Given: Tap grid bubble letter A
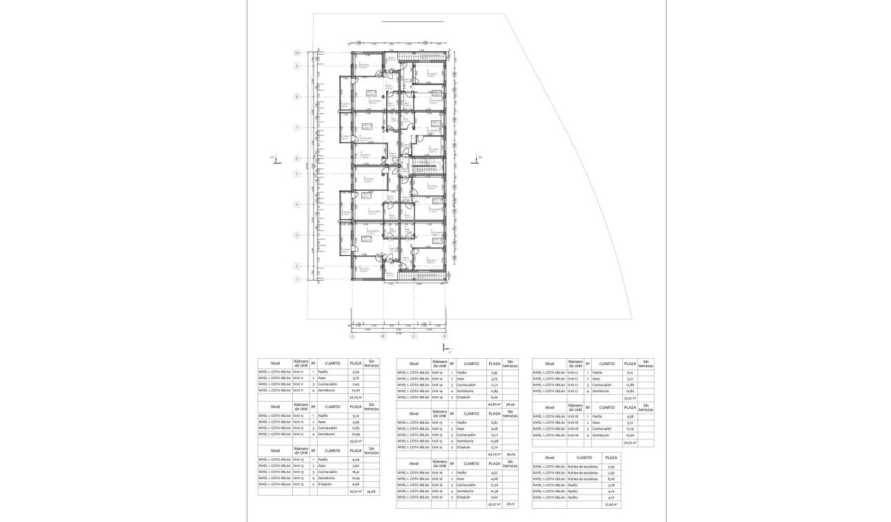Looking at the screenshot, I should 352,337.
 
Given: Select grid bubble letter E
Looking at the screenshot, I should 445,337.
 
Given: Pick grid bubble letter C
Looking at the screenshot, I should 414,337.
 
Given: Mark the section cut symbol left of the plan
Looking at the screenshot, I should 273,159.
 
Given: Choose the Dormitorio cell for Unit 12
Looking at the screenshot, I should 327,434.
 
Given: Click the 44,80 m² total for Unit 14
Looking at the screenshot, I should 494,404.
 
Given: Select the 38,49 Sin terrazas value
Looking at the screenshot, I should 510,404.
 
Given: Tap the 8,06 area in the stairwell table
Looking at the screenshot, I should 610,478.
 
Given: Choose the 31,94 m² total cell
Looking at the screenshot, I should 610,504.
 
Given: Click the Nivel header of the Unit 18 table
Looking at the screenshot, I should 549,407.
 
